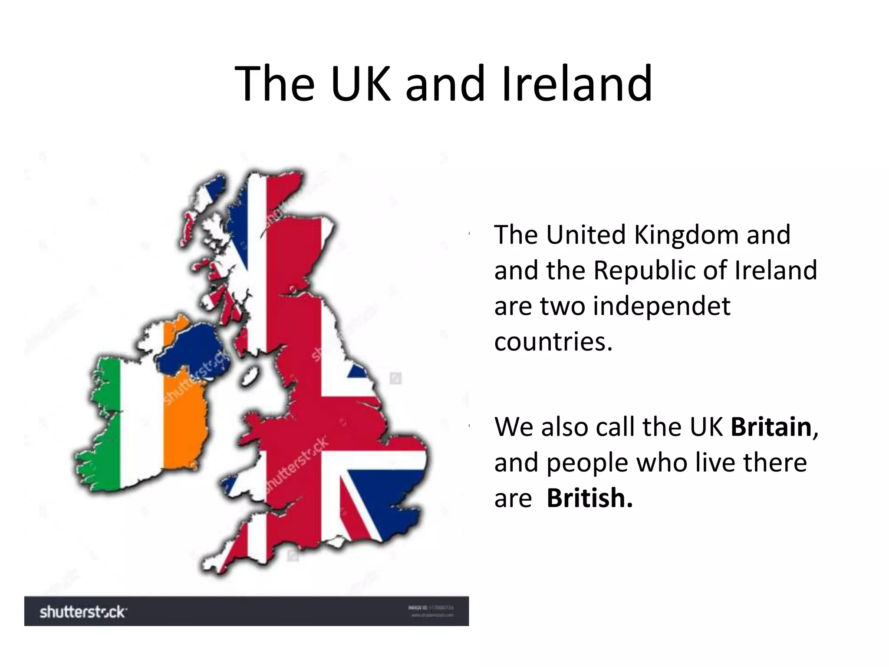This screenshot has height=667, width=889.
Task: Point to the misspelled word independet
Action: tap(662, 306)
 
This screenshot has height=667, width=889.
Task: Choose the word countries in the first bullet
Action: tap(553, 342)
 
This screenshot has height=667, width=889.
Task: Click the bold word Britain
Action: tap(771, 427)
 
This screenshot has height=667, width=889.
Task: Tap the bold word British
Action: tap(589, 498)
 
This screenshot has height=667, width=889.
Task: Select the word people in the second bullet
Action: tap(587, 462)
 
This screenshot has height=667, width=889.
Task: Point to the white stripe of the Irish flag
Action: tap(141, 426)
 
